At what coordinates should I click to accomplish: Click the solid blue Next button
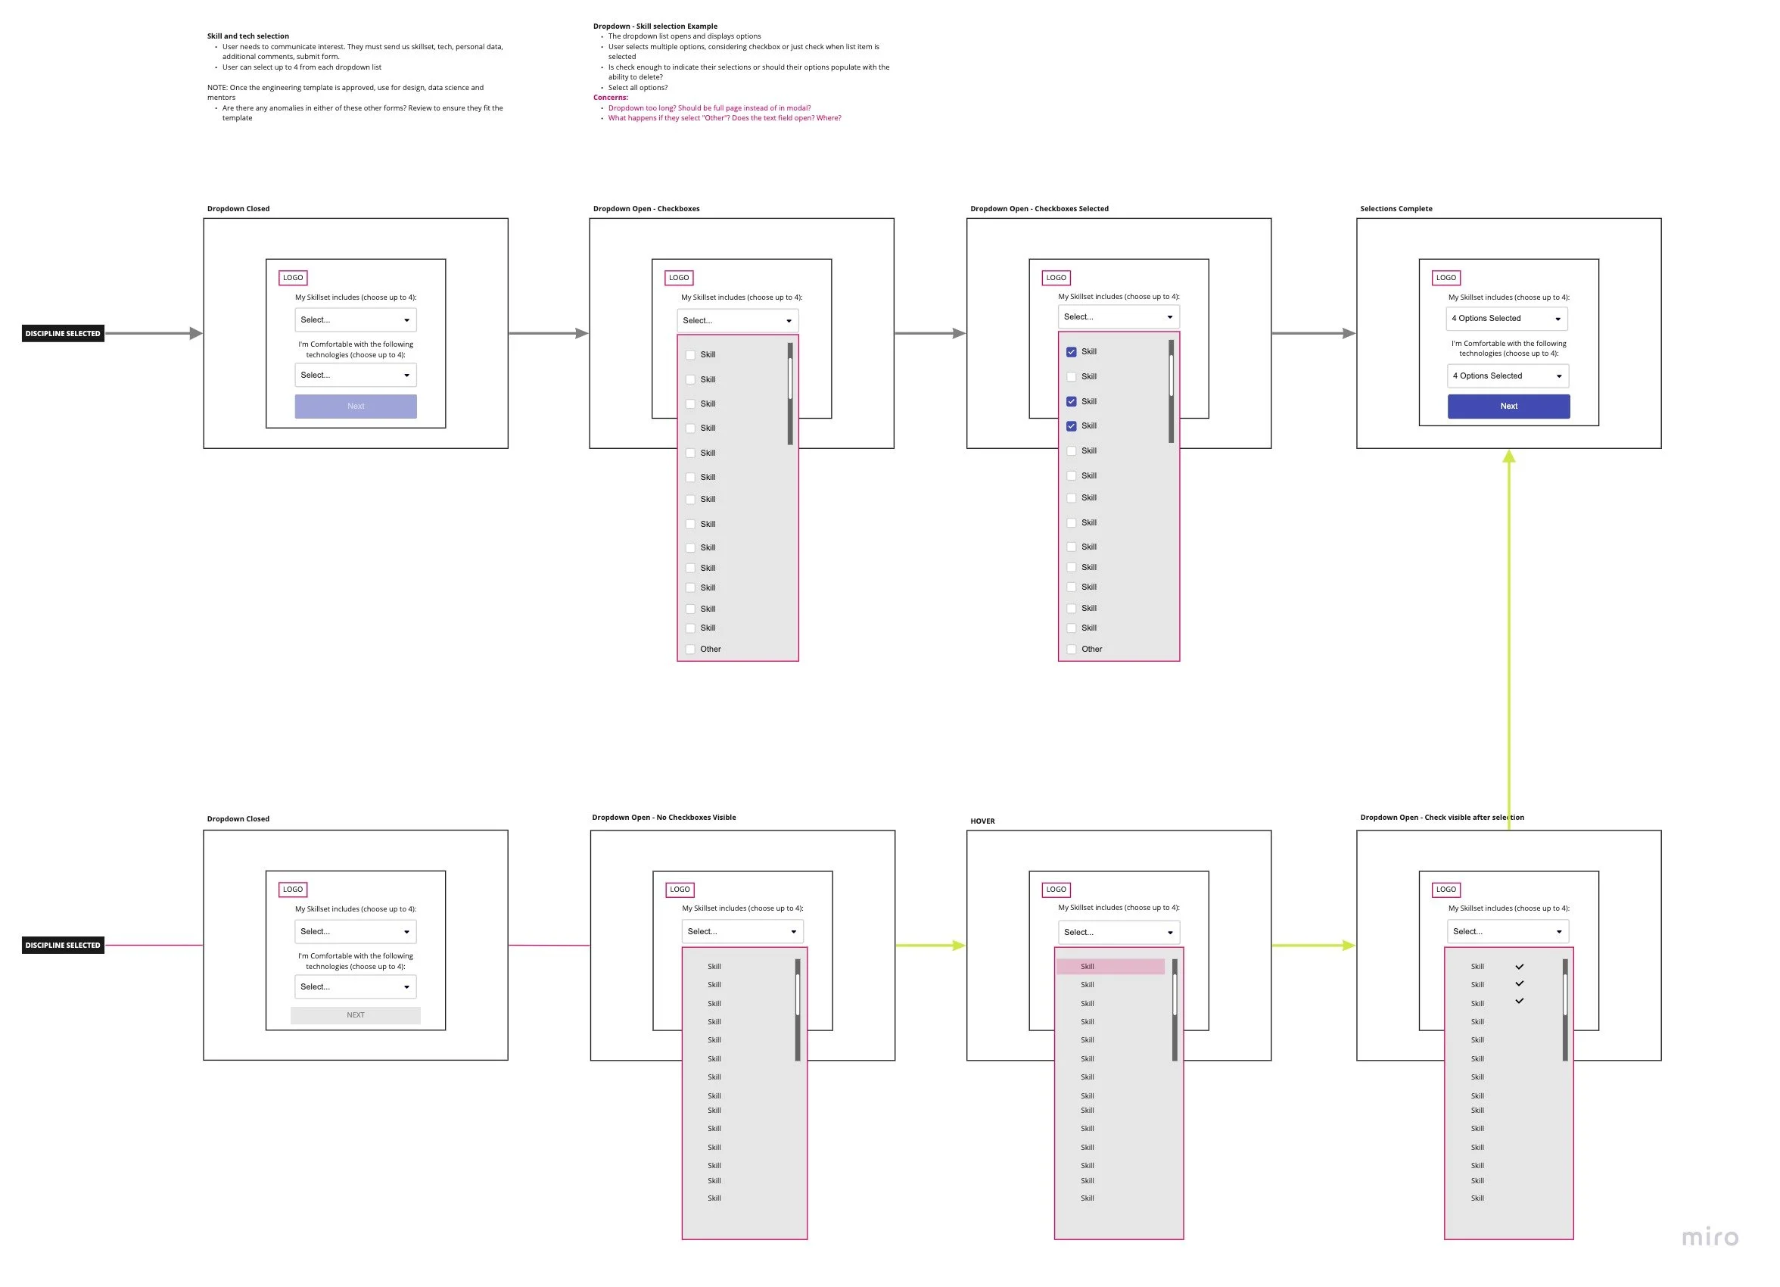(x=1508, y=406)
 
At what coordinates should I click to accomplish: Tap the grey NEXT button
(x=355, y=1014)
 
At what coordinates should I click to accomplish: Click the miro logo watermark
(x=1709, y=1238)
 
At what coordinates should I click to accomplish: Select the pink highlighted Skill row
(x=1109, y=966)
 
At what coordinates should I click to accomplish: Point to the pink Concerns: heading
(x=610, y=98)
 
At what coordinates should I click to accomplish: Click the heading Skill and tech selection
(x=248, y=36)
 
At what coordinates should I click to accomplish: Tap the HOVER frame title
(x=982, y=821)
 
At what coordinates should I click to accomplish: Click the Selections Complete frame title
(x=1396, y=209)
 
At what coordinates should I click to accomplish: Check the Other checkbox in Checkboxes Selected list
(x=1072, y=650)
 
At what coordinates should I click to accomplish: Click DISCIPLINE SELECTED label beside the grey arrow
(x=63, y=334)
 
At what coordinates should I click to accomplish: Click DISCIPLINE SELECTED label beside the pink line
(x=63, y=945)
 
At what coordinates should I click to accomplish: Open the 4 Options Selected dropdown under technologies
(x=1507, y=376)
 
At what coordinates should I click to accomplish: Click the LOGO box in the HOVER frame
(x=1056, y=889)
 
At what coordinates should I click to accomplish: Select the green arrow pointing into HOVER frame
(x=930, y=946)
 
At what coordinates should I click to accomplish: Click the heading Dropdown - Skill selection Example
(x=655, y=26)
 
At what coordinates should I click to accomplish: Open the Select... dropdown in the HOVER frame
(x=1118, y=932)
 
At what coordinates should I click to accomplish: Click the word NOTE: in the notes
(x=217, y=88)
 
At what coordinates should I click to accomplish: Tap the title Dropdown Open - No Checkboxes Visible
(x=663, y=818)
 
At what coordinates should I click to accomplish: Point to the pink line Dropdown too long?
(x=708, y=108)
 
